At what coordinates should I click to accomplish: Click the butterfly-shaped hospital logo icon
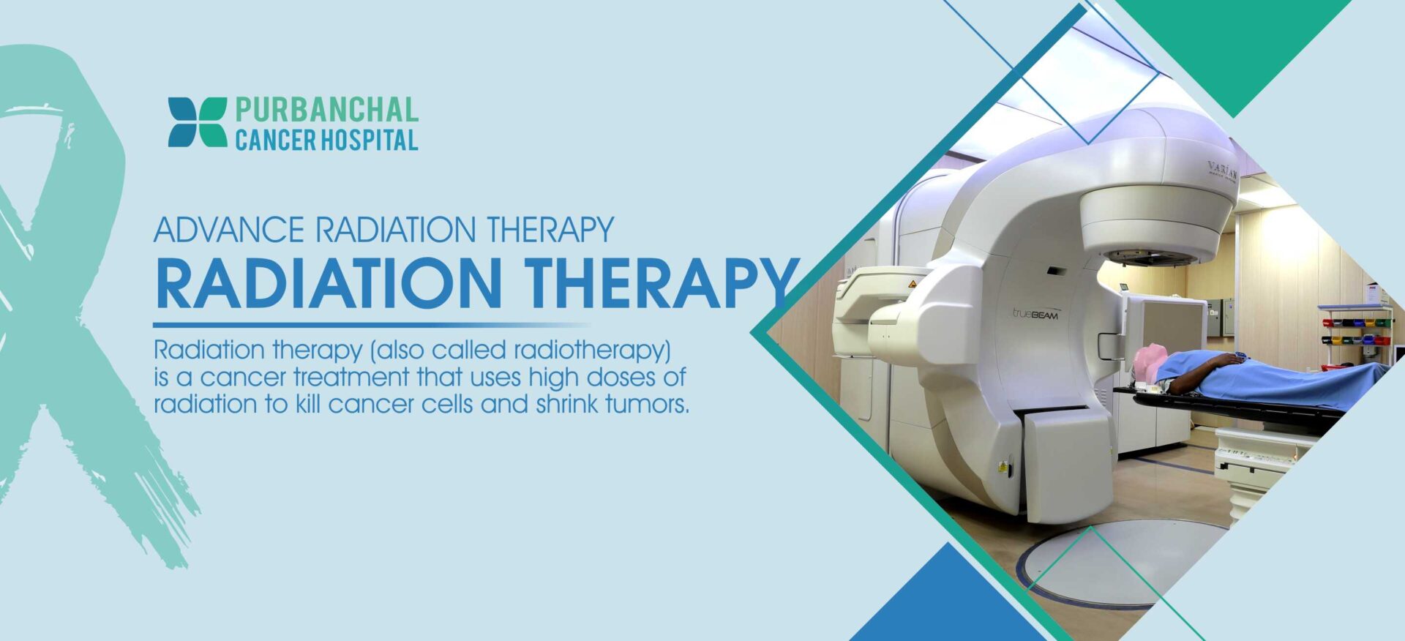pyautogui.click(x=198, y=122)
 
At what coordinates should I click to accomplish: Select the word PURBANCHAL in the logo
pyautogui.click(x=326, y=110)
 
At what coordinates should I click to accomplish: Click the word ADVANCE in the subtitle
pyautogui.click(x=229, y=230)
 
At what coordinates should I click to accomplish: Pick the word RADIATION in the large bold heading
pyautogui.click(x=329, y=283)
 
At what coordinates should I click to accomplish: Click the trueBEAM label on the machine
pyautogui.click(x=1035, y=314)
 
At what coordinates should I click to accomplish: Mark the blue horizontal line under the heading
pyautogui.click(x=372, y=325)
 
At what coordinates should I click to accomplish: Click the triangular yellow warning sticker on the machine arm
pyautogui.click(x=912, y=284)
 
